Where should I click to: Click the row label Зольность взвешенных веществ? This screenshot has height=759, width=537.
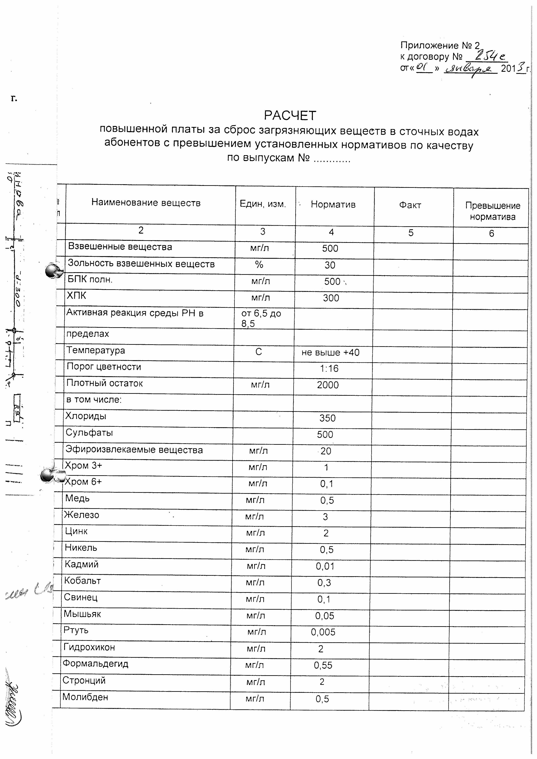(x=141, y=264)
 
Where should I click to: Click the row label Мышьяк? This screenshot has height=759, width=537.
(x=82, y=614)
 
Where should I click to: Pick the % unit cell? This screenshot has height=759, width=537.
(x=259, y=265)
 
